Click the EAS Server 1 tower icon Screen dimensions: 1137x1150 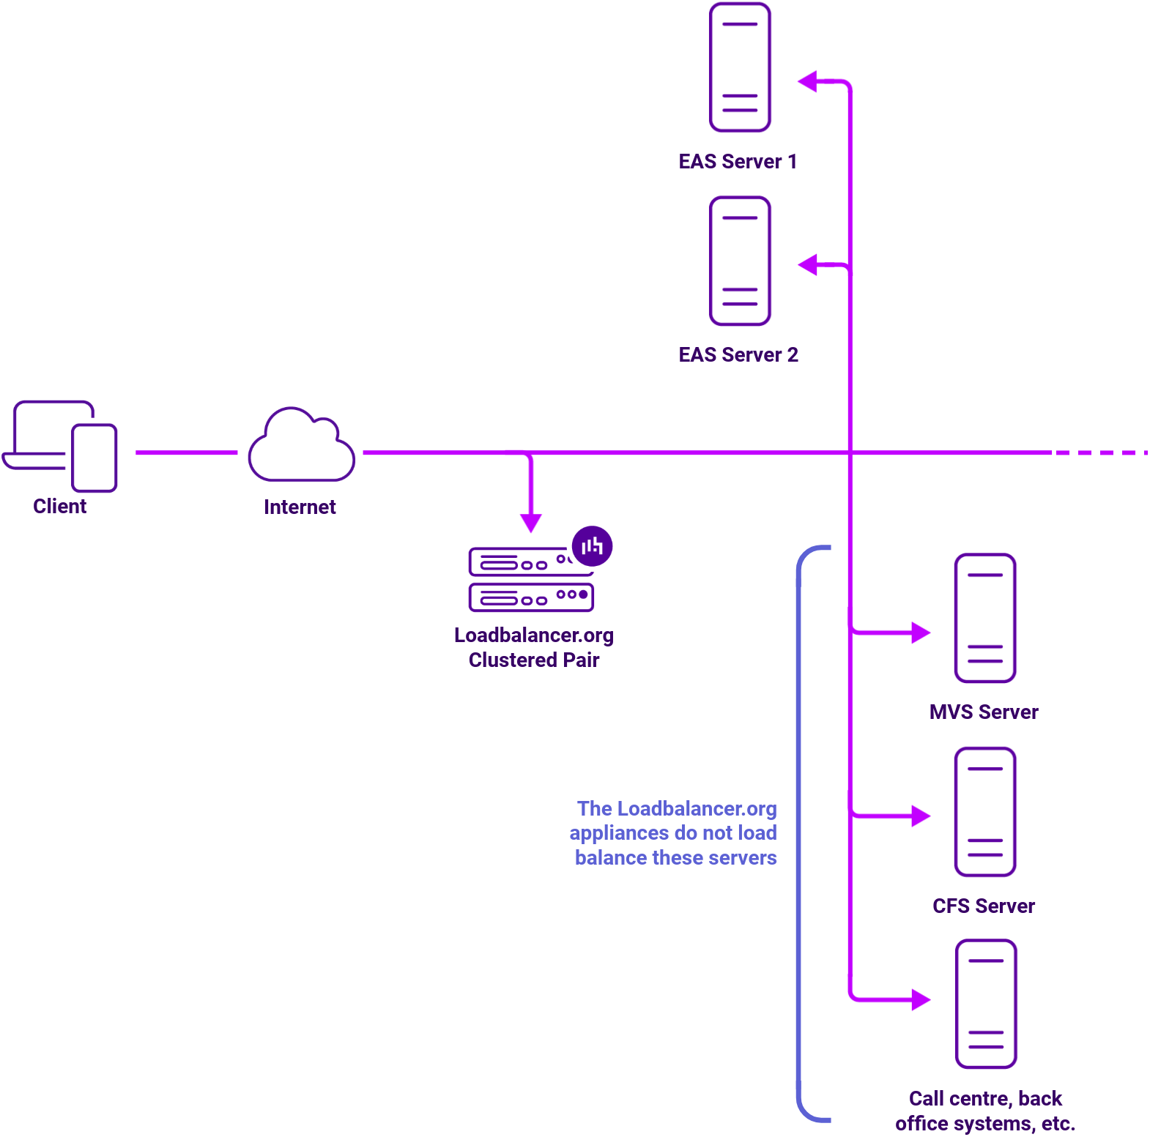click(740, 67)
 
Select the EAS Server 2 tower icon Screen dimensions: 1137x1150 click(740, 261)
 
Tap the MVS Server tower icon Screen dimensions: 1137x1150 click(984, 618)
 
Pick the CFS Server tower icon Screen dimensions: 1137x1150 click(984, 812)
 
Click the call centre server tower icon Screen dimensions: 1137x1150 click(985, 1004)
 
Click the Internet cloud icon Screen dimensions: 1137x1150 click(301, 447)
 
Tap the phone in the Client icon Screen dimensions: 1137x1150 click(94, 458)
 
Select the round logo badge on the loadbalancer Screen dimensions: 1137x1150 click(592, 546)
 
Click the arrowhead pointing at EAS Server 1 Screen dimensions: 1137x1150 click(807, 81)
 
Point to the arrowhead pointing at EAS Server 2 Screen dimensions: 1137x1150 click(807, 264)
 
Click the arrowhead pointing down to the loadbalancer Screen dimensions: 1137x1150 click(531, 523)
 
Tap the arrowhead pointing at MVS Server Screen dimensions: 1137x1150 click(921, 633)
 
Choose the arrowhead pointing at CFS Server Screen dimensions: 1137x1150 click(921, 816)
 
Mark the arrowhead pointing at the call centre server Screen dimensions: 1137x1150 click(921, 999)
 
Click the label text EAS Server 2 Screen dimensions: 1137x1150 click(738, 355)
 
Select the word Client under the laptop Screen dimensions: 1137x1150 click(59, 507)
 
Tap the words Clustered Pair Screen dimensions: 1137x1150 click(533, 660)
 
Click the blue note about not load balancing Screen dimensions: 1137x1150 click(674, 833)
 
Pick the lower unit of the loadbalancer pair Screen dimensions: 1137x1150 click(531, 597)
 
